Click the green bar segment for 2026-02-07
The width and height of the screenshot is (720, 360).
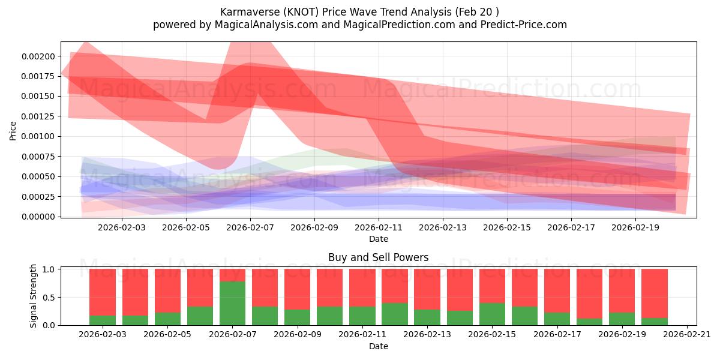[232, 304]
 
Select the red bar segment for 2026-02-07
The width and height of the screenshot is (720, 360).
[232, 275]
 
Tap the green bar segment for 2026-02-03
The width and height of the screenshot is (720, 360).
[103, 320]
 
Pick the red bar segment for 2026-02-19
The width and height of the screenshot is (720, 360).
[622, 291]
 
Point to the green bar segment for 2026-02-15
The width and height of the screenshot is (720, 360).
[492, 314]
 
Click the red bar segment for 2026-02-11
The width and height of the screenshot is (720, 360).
[362, 288]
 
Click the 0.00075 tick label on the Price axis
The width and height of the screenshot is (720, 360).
[38, 157]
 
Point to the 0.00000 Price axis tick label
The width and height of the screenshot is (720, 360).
[38, 217]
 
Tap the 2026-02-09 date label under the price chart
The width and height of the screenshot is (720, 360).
[314, 227]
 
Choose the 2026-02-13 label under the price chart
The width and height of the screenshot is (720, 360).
[443, 227]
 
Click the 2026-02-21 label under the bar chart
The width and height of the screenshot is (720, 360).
[687, 335]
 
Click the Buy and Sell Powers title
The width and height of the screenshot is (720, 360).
[379, 257]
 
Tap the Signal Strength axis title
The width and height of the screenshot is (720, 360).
[33, 296]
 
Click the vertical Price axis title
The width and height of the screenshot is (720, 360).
[13, 131]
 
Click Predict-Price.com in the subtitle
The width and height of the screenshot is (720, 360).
[524, 25]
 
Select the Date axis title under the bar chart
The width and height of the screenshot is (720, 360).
[379, 346]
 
